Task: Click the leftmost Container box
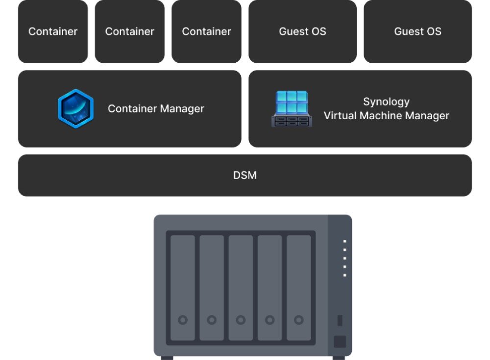(53, 31)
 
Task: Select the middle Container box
(130, 31)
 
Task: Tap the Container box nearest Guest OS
(206, 31)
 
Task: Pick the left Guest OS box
(302, 31)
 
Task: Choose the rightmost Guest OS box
(417, 31)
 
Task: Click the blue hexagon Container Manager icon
(75, 108)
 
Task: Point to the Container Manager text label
(156, 108)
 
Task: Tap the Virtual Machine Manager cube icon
(291, 109)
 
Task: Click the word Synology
(386, 102)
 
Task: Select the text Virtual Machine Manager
(386, 116)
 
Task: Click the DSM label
(245, 175)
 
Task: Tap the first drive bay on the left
(183, 287)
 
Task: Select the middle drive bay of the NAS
(241, 287)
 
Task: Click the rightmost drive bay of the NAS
(299, 287)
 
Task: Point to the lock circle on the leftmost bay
(183, 320)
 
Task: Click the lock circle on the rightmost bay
(299, 320)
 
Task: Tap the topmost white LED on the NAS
(345, 241)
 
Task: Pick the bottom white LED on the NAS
(345, 275)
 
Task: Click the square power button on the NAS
(340, 342)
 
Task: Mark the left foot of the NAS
(167, 358)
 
